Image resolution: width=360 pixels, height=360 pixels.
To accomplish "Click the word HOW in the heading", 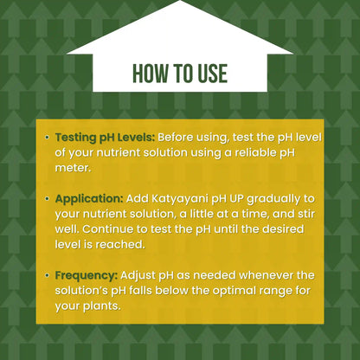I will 150,74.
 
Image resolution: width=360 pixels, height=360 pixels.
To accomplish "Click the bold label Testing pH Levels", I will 104,137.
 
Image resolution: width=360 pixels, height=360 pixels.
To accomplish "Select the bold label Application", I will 89,198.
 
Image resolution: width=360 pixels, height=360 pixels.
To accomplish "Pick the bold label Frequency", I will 87,274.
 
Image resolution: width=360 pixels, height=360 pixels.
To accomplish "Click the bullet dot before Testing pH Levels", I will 47,138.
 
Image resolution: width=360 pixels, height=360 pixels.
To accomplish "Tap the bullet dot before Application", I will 47,198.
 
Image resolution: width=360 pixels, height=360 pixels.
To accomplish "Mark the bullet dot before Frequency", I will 47,274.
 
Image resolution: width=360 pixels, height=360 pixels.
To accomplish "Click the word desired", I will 279,229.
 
